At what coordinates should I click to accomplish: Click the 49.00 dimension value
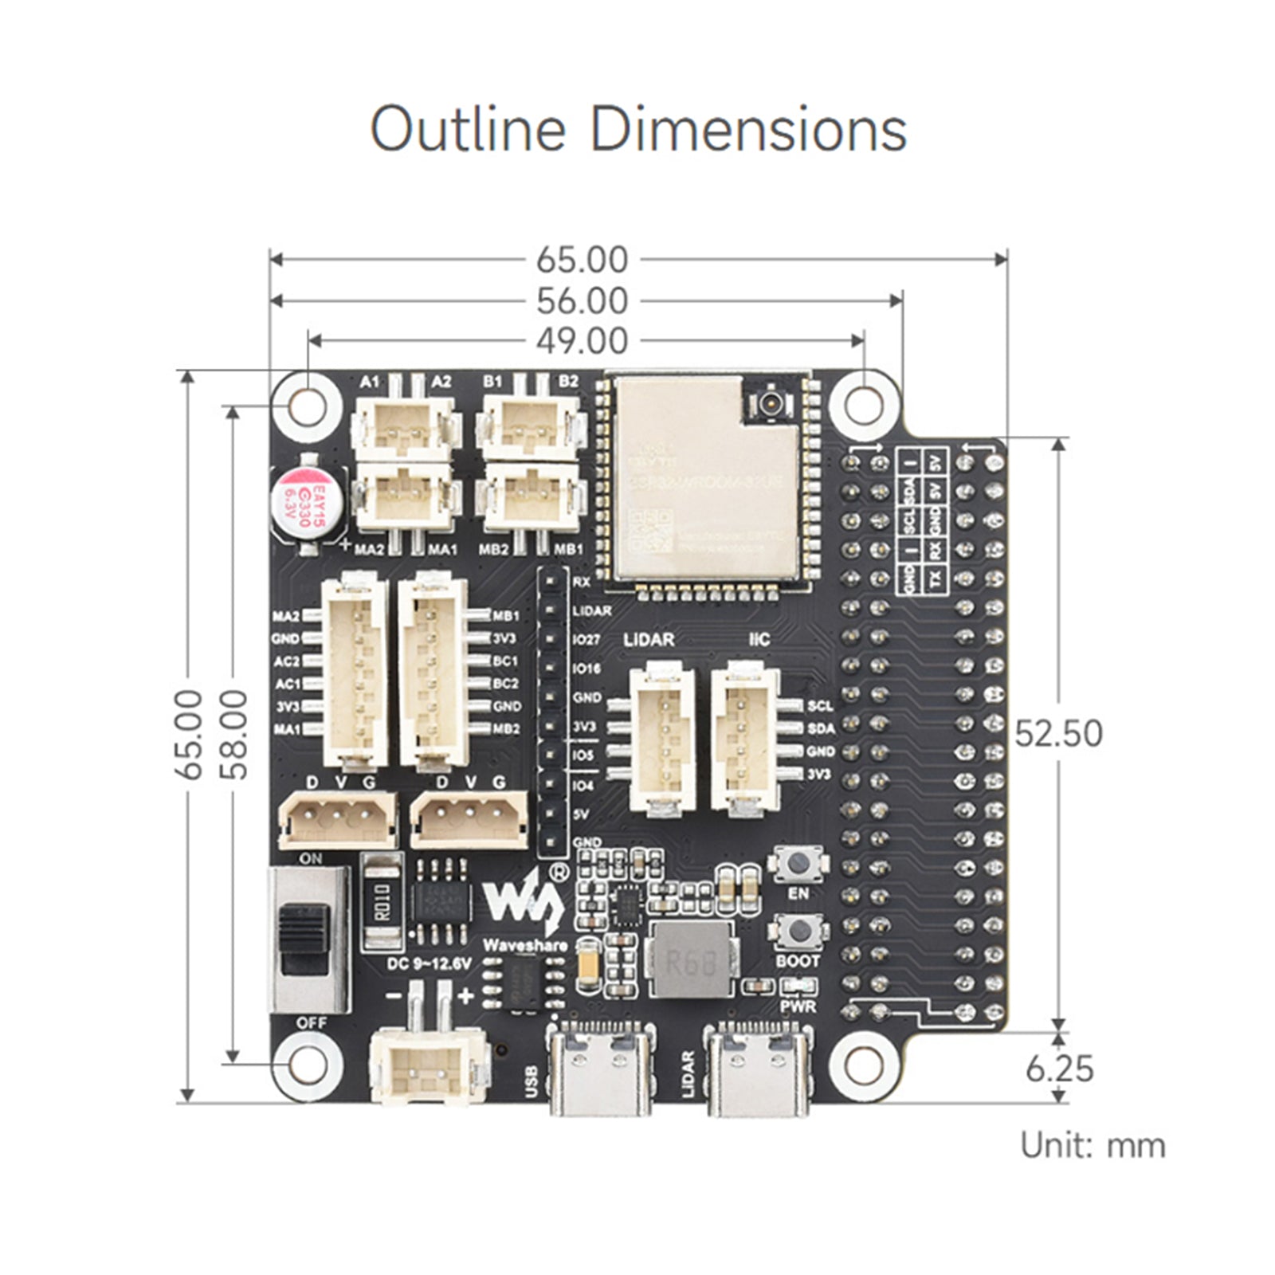coord(582,341)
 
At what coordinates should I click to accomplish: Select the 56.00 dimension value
coord(582,301)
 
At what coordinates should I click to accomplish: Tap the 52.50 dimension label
coord(1058,734)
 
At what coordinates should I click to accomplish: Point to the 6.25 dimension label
coord(1059,1069)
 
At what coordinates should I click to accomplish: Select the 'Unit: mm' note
coord(1093,1145)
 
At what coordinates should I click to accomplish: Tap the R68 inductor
coord(691,960)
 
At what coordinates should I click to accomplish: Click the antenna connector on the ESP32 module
coord(771,401)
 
